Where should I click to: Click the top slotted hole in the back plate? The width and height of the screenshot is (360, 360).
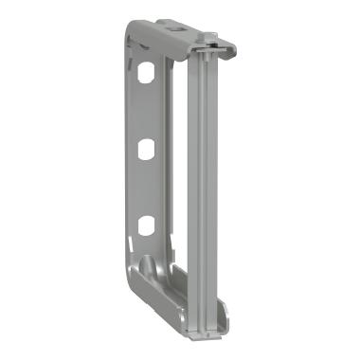(x=146, y=73)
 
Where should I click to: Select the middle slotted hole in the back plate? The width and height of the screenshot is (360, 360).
(x=146, y=149)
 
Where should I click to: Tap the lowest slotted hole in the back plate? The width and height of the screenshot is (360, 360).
(x=146, y=225)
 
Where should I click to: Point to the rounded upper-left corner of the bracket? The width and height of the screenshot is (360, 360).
(x=133, y=38)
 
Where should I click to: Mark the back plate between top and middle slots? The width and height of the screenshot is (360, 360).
(x=145, y=111)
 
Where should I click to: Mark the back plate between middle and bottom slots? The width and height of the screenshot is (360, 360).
(x=145, y=187)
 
